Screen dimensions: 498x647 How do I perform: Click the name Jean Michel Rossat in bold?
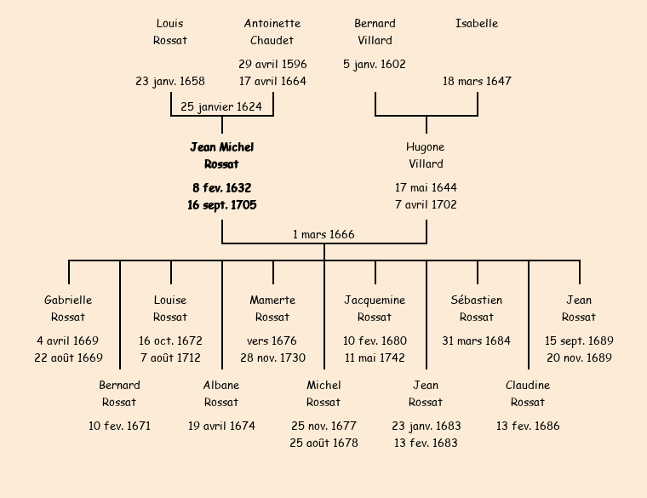point(221,156)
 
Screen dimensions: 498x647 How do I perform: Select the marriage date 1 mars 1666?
point(323,235)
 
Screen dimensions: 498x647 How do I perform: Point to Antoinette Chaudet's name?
point(272,31)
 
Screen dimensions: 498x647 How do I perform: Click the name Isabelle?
point(477,24)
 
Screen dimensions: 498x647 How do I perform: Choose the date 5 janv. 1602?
point(375,65)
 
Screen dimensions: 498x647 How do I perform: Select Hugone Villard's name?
point(426,156)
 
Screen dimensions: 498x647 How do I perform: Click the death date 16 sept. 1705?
point(221,205)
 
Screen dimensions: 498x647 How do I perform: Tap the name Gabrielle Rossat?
point(68,309)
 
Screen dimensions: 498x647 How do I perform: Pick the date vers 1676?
point(272,341)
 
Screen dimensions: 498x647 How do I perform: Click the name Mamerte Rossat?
point(272,309)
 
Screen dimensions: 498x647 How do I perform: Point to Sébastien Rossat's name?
point(477,309)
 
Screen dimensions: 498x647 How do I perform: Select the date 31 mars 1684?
point(477,341)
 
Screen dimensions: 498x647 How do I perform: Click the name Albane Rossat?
point(221,394)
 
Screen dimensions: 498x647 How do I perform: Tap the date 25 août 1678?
point(323,444)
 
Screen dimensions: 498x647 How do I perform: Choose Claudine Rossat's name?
point(528,394)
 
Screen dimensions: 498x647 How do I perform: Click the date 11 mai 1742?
point(375,358)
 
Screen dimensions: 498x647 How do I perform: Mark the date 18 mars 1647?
point(477,82)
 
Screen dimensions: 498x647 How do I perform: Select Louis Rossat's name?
point(170,31)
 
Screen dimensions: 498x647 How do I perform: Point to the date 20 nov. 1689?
point(579,358)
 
